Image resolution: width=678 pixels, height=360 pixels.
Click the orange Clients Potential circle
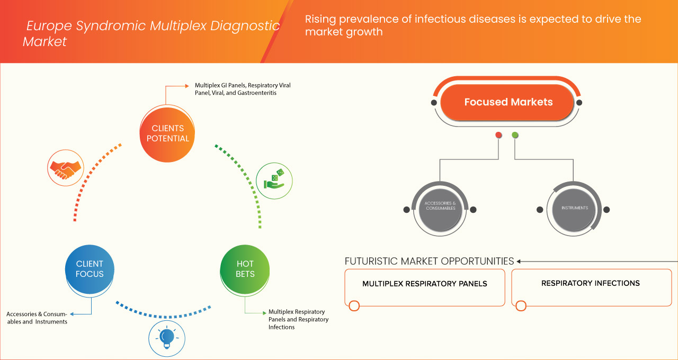tap(167, 133)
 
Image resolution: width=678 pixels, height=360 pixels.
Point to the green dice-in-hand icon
tap(274, 179)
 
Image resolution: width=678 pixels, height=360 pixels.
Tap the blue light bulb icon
tap(167, 337)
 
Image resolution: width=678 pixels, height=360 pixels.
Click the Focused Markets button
tap(507, 102)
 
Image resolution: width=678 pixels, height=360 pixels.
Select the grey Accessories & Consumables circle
tap(440, 208)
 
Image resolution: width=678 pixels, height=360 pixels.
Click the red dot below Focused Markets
tap(498, 135)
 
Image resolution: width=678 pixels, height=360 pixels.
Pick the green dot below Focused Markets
tap(515, 135)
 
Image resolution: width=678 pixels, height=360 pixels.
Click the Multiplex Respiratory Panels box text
tap(424, 284)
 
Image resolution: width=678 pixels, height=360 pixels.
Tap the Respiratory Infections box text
tap(590, 283)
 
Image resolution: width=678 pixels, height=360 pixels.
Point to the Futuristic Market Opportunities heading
tap(429, 261)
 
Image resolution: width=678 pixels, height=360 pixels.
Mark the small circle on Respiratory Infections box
tap(521, 305)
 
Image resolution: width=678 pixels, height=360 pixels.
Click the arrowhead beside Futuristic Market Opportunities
tap(519, 261)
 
